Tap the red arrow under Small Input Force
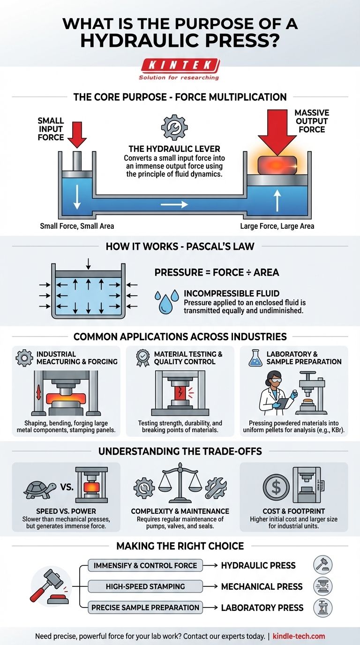tap(77, 133)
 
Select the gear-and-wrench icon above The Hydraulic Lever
tap(174, 127)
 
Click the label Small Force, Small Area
tap(77, 226)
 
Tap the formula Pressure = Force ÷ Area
tap(217, 272)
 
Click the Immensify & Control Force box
tap(145, 565)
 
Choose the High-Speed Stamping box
tap(145, 586)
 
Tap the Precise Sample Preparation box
tap(145, 607)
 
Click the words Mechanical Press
tap(262, 586)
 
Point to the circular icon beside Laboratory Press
tap(322, 607)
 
